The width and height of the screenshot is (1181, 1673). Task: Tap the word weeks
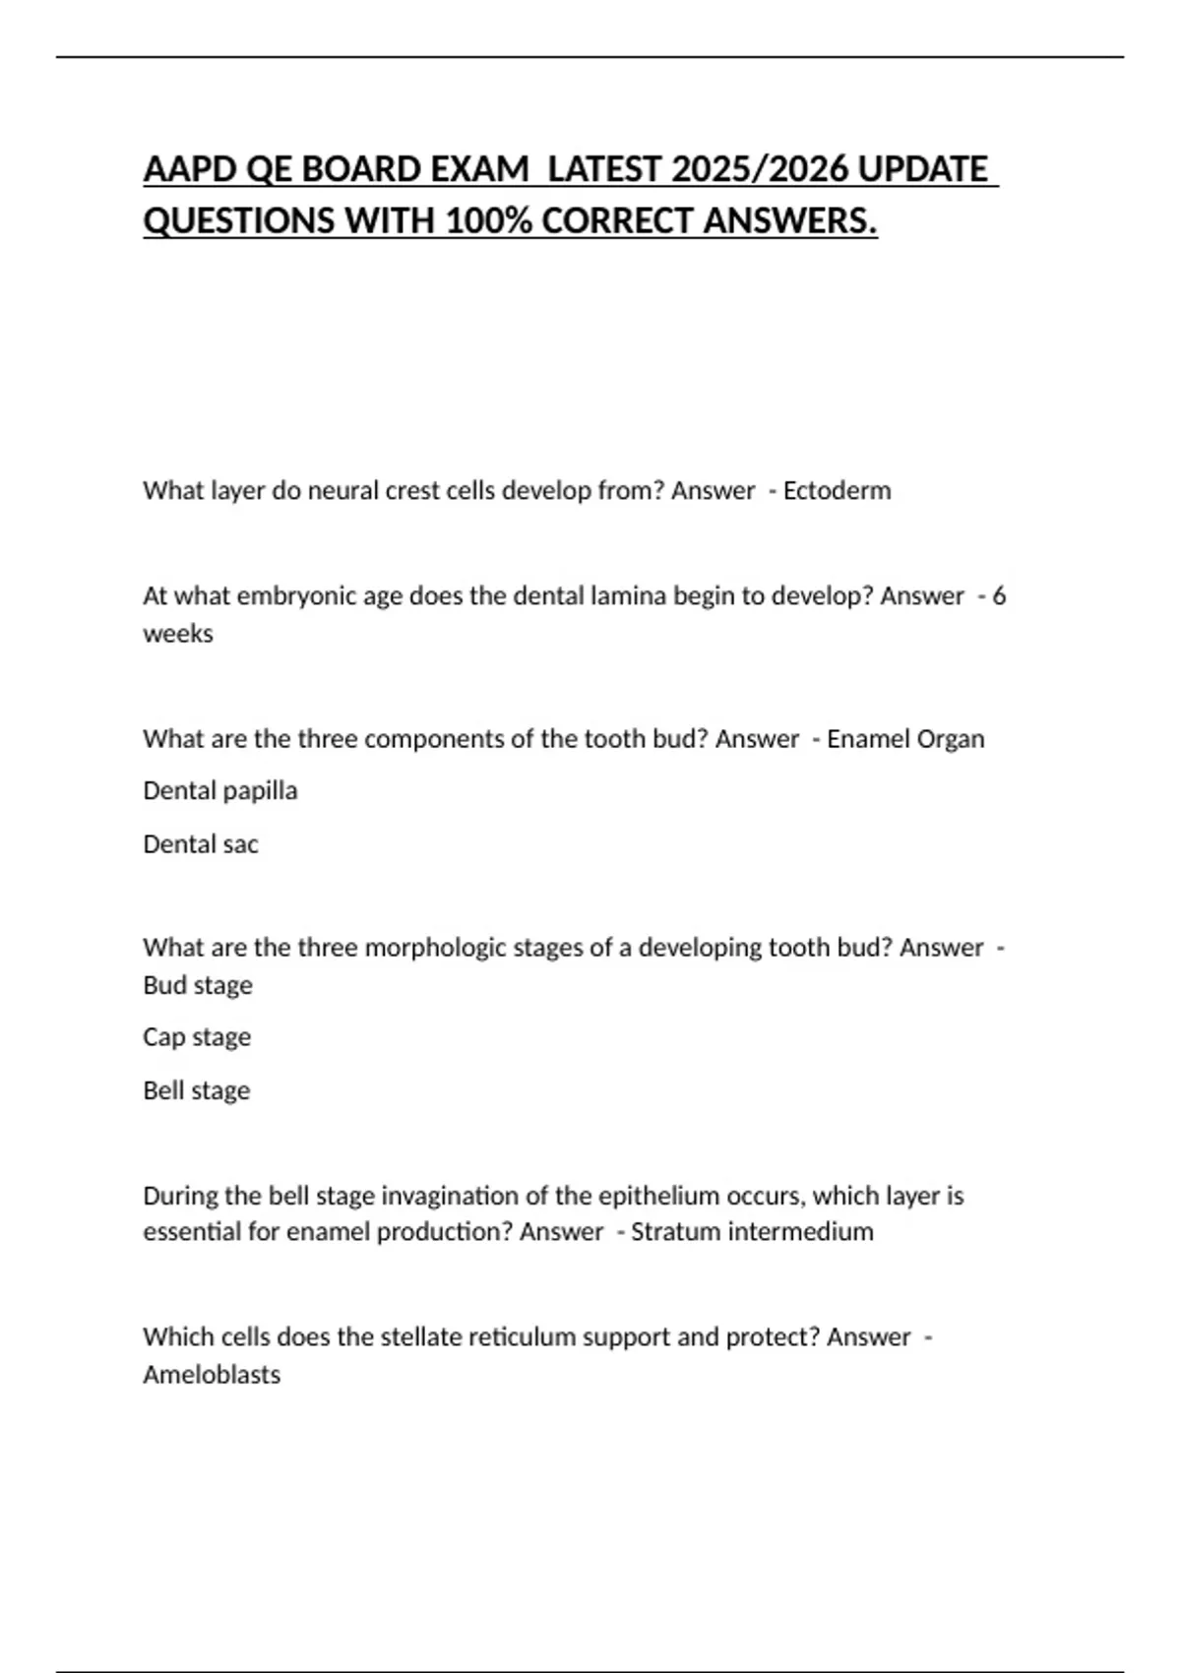(x=178, y=634)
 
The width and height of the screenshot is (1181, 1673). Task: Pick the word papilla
(x=260, y=791)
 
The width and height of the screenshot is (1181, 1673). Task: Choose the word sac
(x=240, y=844)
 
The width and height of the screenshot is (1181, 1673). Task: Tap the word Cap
(x=163, y=1037)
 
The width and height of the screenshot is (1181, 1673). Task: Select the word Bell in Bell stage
(x=163, y=1090)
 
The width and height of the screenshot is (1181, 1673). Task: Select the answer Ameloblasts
(x=212, y=1375)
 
